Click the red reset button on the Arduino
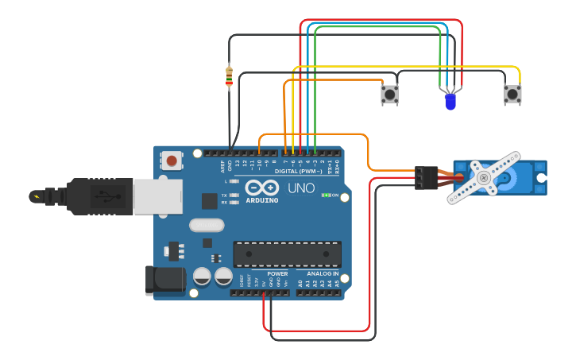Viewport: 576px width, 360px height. (172, 161)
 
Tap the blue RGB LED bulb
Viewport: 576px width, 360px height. (450, 102)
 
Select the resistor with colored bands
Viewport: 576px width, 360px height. (230, 77)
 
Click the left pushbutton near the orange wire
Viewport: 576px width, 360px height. (389, 95)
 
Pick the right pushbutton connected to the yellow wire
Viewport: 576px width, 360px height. (512, 95)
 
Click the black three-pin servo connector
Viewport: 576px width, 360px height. (426, 177)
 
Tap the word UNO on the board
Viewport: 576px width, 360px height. (300, 188)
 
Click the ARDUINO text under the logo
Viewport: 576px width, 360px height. (261, 200)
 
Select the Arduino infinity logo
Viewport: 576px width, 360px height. (261, 188)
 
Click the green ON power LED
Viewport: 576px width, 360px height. (326, 195)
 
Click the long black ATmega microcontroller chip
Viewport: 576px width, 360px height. (287, 254)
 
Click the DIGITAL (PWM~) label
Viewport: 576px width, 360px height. (299, 171)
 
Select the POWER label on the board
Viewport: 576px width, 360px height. (277, 273)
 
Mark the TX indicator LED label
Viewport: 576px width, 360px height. (225, 195)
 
